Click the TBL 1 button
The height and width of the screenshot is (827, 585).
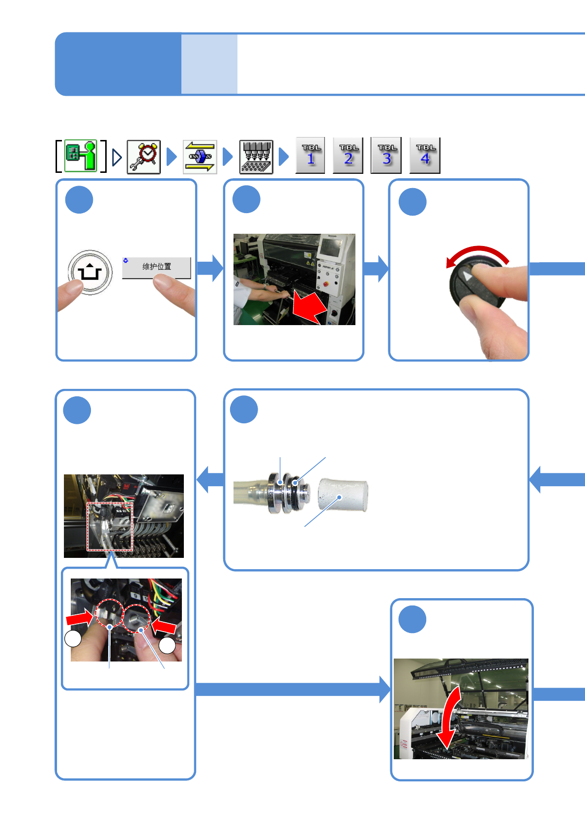coord(310,156)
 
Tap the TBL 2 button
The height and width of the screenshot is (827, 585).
coord(348,156)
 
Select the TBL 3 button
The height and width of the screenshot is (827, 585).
coord(386,156)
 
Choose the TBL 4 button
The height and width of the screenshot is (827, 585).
coord(425,156)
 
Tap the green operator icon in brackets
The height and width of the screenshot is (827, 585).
coord(81,156)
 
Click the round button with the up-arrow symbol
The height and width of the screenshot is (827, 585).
coord(90,272)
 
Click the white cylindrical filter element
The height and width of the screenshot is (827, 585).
coord(343,496)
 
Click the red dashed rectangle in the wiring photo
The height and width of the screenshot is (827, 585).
coord(110,526)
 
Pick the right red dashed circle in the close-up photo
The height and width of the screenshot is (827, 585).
coord(136,618)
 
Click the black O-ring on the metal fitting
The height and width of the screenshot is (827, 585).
coord(295,484)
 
